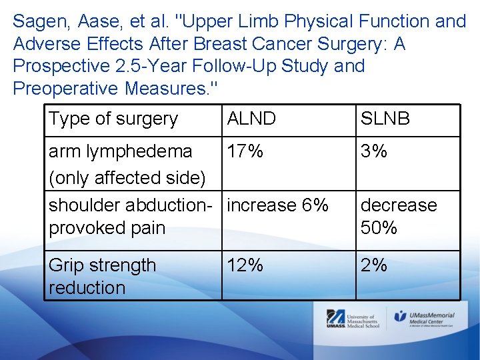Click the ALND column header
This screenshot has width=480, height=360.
tap(251, 119)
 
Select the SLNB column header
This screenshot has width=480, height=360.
tap(385, 119)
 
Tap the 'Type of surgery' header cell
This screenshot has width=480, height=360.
tap(113, 119)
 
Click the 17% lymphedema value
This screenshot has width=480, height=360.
tap(245, 151)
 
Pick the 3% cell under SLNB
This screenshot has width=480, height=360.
tap(374, 151)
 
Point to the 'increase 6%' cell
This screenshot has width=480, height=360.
tap(277, 205)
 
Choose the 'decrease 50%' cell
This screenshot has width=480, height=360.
tap(399, 216)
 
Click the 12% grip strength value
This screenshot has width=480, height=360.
tap(245, 265)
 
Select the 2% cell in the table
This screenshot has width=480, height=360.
tap(374, 265)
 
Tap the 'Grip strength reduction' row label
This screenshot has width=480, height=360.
tap(102, 277)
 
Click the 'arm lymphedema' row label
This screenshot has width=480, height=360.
tap(121, 151)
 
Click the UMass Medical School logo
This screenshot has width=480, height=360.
tap(353, 320)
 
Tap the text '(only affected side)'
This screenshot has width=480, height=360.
tap(127, 178)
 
